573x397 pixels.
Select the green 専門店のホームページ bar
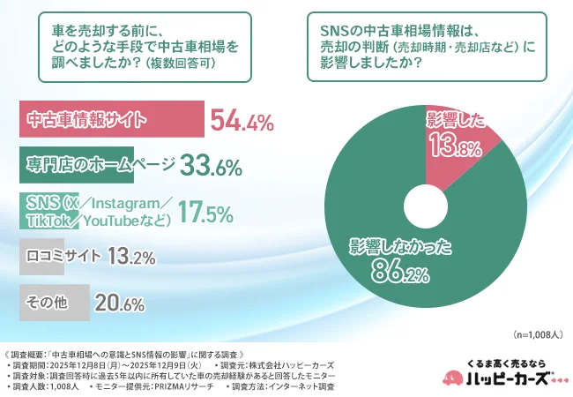pyautogui.click(x=76, y=164)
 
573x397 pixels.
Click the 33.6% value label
pyautogui.click(x=212, y=166)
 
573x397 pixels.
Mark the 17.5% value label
pyautogui.click(x=205, y=213)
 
